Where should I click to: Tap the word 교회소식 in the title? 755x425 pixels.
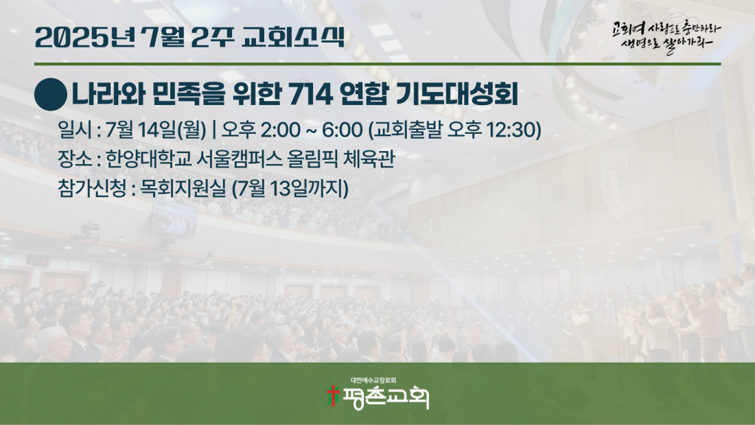point(293,38)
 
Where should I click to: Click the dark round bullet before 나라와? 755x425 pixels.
point(51,95)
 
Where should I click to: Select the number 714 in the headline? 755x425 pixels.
point(310,95)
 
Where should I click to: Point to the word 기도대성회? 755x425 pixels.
point(456,95)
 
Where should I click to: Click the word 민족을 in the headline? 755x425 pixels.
point(188,95)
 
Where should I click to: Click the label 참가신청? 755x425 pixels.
point(92,188)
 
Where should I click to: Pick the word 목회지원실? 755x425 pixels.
point(183,188)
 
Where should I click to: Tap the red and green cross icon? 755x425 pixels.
point(333,395)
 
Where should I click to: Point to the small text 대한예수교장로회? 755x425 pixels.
point(373,380)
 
